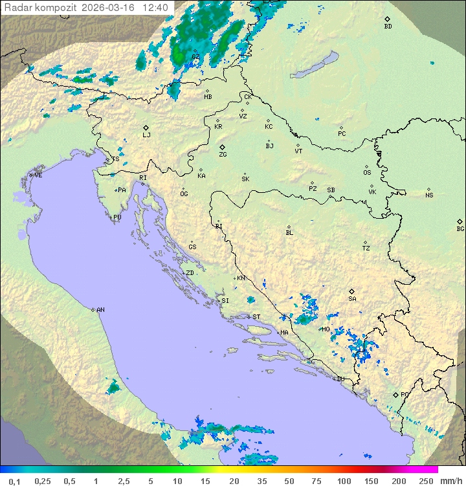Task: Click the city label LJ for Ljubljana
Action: [146, 135]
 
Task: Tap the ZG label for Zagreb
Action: [223, 155]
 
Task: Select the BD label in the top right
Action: [388, 27]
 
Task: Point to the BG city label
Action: [460, 228]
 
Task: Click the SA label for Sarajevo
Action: [352, 298]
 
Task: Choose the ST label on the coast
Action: [256, 317]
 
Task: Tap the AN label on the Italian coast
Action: [100, 310]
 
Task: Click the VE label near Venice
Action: [38, 175]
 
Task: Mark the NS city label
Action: [429, 195]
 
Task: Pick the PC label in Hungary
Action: [342, 134]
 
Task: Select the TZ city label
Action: [366, 249]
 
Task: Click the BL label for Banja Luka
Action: [289, 233]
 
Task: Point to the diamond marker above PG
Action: [395, 394]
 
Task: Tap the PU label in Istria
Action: [117, 217]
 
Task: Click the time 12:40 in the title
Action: [155, 8]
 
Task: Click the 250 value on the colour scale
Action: [426, 481]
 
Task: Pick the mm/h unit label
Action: [450, 481]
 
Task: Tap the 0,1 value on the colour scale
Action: [14, 481]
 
